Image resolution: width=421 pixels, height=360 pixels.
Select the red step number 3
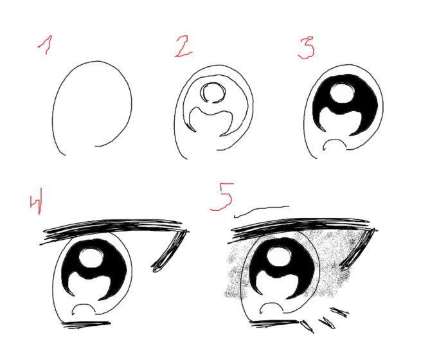[307, 48]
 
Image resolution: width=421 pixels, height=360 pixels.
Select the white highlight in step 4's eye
[91, 256]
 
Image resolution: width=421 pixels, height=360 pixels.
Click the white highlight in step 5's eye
[280, 256]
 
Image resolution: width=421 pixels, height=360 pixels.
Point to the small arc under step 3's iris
[334, 139]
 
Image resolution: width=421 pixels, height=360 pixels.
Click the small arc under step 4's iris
[84, 305]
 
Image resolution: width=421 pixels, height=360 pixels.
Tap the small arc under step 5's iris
[272, 303]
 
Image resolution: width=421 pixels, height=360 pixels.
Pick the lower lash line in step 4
[86, 324]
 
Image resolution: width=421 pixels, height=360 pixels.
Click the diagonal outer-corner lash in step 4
[169, 251]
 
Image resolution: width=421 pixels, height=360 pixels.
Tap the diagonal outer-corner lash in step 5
[359, 249]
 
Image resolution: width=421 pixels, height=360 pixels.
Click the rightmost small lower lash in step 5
[339, 312]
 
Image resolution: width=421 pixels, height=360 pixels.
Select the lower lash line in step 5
[274, 323]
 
